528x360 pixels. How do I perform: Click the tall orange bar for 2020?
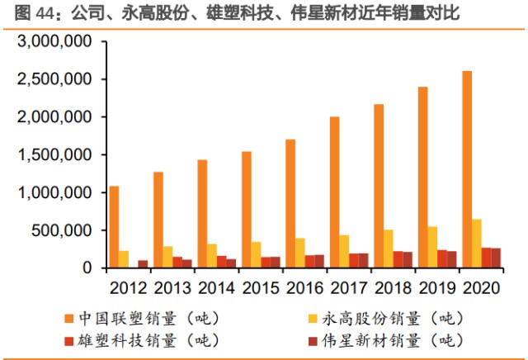[x=467, y=169]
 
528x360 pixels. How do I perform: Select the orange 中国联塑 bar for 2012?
[x=114, y=227]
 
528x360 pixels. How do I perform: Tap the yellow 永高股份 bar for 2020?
[x=477, y=244]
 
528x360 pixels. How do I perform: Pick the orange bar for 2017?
[x=334, y=192]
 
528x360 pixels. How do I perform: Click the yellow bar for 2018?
[x=389, y=249]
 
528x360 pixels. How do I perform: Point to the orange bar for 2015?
[x=246, y=210]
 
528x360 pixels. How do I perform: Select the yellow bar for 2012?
[x=124, y=259]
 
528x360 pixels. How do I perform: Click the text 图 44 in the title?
[x=22, y=12]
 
